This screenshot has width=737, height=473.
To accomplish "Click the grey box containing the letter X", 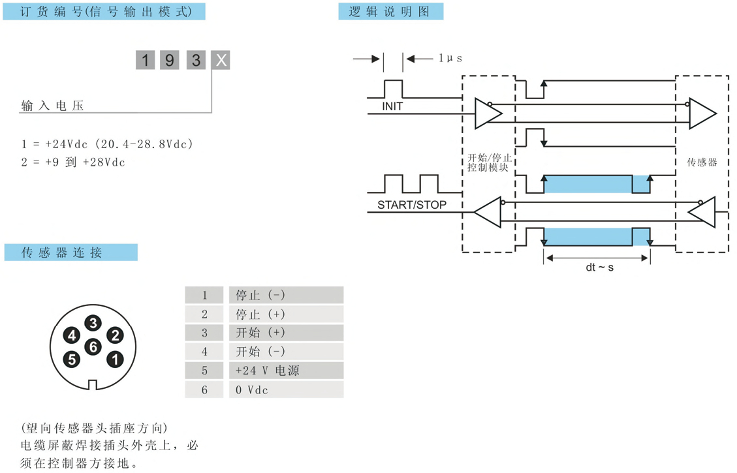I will coord(221,61).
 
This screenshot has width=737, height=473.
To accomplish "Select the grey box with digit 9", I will coord(170,61).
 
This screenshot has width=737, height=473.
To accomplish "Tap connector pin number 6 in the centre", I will coord(93,346).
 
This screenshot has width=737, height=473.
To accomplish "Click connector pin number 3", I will coord(93,323).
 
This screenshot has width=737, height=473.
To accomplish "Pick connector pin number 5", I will coord(72,359).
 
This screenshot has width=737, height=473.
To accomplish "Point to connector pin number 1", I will coord(115,359).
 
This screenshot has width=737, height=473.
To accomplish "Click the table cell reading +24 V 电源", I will coord(286,371).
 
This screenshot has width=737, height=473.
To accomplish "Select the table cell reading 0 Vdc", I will coord(286,389).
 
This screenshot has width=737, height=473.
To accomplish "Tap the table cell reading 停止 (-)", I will coord(286,295).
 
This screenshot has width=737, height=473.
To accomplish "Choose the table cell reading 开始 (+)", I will coord(286,333).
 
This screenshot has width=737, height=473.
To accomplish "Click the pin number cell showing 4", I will coord(204,352).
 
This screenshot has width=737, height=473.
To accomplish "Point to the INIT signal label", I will coord(393,106).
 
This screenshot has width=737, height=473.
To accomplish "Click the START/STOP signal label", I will coord(412,205).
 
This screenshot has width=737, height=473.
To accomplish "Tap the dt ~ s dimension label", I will coord(599,267).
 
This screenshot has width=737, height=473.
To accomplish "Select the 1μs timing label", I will coord(450,59).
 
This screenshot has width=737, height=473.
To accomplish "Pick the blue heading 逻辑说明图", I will coord(390,12).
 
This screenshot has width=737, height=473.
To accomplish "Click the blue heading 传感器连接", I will coord(71,252).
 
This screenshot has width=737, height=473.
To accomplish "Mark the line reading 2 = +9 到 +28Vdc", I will coord(73,162).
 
